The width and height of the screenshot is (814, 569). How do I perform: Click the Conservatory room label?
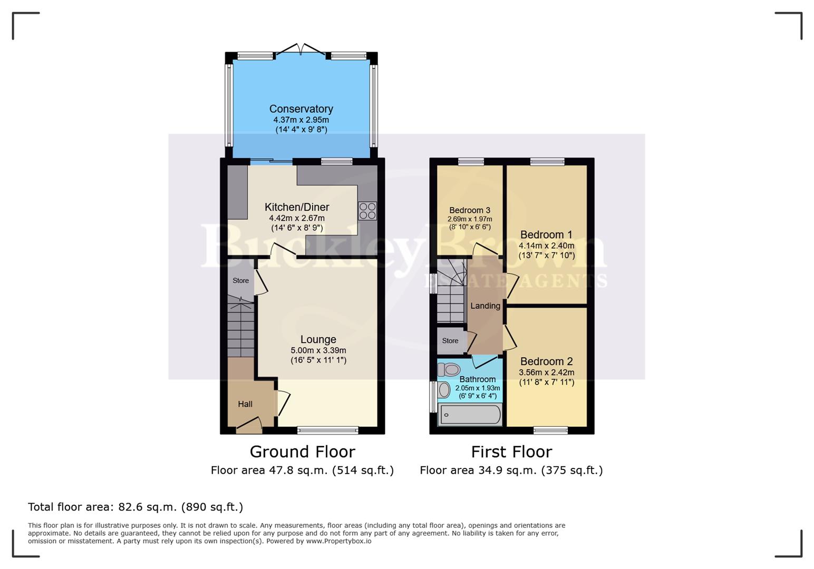click(301, 109)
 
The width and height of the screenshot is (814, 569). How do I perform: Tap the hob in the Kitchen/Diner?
click(367, 211)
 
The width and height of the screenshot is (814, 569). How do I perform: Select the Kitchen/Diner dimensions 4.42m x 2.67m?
click(297, 218)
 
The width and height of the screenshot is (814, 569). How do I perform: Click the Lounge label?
click(318, 340)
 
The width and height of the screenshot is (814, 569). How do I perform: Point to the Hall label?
click(245, 404)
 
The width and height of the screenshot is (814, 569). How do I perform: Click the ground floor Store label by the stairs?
click(240, 281)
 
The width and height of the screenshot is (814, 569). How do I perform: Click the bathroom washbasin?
click(444, 390)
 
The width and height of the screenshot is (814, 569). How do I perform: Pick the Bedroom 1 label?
click(546, 235)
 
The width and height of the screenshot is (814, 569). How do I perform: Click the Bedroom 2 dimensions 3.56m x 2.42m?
click(547, 372)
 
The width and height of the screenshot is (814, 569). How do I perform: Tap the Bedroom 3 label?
click(470, 210)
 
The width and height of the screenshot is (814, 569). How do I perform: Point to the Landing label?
click(485, 306)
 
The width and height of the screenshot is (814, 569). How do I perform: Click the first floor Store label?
click(450, 341)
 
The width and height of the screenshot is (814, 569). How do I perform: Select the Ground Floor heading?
click(302, 452)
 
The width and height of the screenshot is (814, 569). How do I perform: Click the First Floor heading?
click(511, 452)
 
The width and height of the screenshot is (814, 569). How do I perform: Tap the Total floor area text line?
click(135, 507)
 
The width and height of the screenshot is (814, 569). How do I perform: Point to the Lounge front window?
click(327, 430)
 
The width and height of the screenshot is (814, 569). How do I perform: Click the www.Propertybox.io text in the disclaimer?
click(338, 541)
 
